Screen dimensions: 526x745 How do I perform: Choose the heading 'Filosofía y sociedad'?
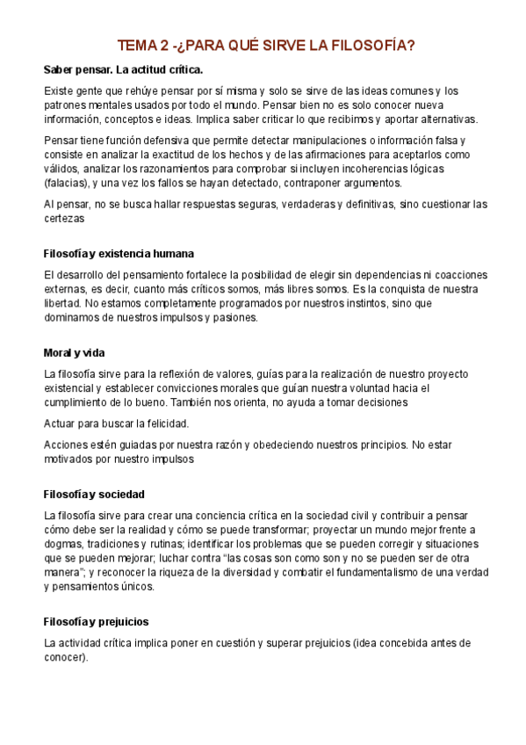[x=94, y=494]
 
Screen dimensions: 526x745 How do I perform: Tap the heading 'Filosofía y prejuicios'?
[x=96, y=621]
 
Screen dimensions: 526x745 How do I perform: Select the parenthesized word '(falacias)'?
[x=67, y=183]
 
